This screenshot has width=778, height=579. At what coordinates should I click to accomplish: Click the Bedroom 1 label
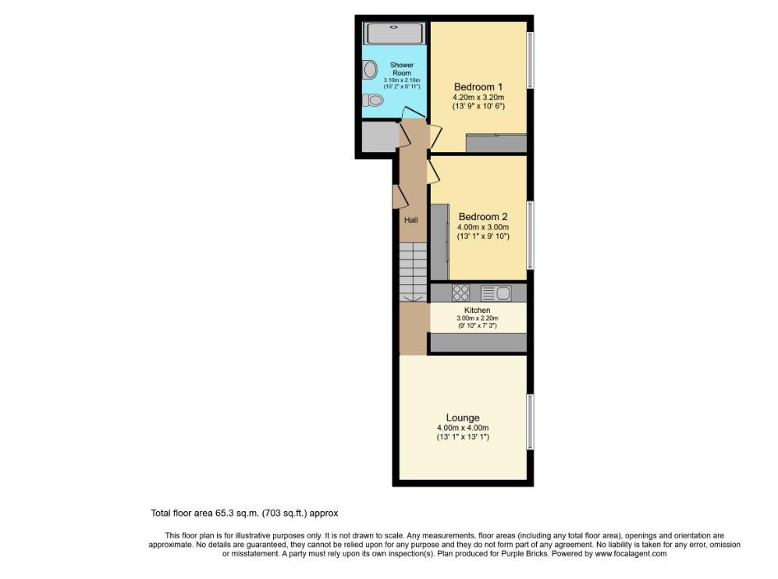(478, 87)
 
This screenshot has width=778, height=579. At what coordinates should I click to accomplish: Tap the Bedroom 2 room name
(483, 217)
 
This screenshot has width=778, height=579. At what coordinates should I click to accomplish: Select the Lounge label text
(463, 417)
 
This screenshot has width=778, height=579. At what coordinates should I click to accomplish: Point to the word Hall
(410, 220)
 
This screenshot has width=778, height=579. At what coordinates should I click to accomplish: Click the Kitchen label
(478, 310)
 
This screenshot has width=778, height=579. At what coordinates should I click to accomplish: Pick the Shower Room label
(402, 69)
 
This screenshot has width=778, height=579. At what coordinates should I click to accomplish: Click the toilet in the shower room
(372, 101)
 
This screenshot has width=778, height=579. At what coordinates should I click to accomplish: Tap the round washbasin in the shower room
(370, 69)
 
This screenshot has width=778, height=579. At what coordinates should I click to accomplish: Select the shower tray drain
(395, 27)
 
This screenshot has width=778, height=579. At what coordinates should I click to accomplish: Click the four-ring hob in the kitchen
(460, 293)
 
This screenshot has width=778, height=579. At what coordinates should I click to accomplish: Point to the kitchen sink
(496, 293)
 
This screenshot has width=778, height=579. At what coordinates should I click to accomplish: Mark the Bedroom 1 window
(531, 59)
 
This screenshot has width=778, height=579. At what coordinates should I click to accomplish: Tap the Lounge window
(531, 422)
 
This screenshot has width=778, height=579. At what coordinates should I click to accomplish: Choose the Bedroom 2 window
(531, 235)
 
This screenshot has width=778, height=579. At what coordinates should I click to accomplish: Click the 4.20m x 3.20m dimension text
(478, 98)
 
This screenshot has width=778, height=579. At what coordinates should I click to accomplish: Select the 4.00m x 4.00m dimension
(463, 428)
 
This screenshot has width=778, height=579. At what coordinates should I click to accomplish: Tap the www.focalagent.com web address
(631, 554)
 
